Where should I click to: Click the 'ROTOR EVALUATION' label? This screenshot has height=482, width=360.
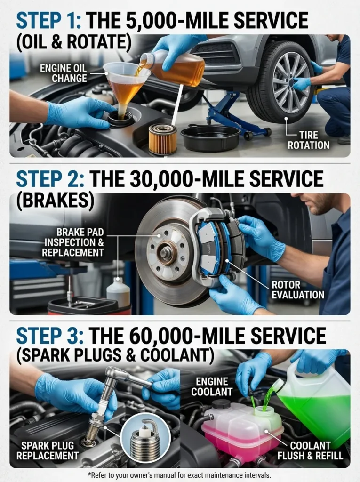tap(298, 290)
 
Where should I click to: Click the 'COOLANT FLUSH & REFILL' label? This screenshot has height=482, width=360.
tap(316, 450)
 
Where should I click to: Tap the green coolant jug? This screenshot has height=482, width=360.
tap(315, 400)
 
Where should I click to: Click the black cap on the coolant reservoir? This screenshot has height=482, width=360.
tap(221, 404)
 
